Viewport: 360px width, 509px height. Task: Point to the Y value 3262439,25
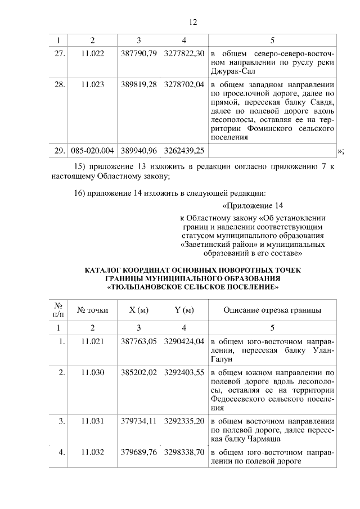click(184, 150)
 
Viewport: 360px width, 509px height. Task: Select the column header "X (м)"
click(138, 309)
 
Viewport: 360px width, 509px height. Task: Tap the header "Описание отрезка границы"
click(272, 309)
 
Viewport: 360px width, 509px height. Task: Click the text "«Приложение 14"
click(252, 204)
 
